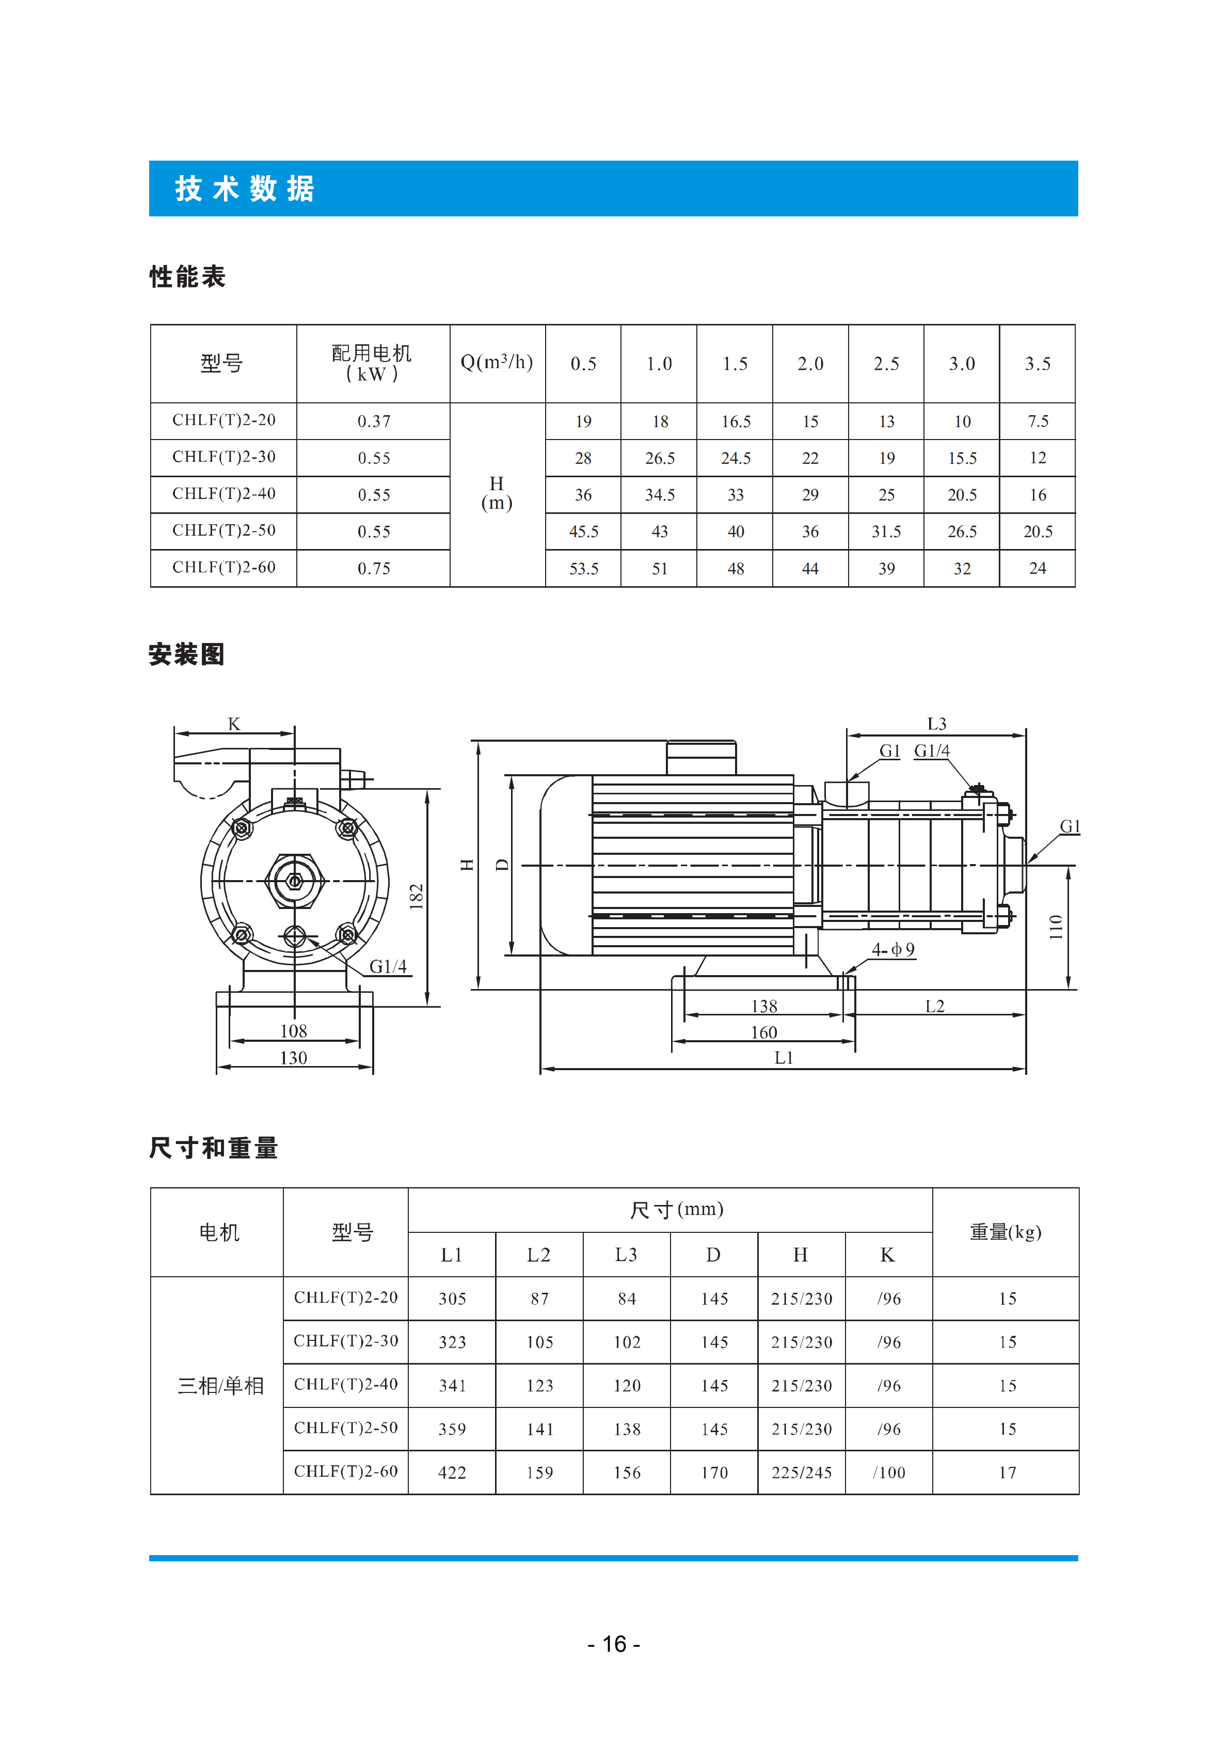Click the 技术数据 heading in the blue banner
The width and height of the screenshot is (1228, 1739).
click(x=245, y=189)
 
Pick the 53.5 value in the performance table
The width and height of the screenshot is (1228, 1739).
click(x=584, y=569)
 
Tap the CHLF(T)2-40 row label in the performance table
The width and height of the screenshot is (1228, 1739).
click(x=224, y=494)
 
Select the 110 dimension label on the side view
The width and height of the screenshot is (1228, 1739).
click(x=1056, y=927)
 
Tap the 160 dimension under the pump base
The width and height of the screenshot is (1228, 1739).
click(x=764, y=1032)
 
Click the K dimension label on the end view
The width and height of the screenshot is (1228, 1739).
click(x=234, y=724)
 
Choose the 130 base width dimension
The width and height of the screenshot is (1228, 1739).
click(x=294, y=1058)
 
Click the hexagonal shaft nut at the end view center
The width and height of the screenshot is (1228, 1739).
click(x=295, y=881)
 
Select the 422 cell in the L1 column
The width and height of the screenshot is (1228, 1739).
click(x=452, y=1472)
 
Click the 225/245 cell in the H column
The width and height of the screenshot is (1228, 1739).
click(x=802, y=1472)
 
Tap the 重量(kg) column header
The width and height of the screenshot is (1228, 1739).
click(x=1006, y=1232)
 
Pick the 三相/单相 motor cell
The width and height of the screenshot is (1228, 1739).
click(x=220, y=1386)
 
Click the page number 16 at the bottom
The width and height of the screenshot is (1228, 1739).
click(x=614, y=1644)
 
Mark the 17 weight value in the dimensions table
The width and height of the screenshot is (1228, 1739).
click(x=1007, y=1472)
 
